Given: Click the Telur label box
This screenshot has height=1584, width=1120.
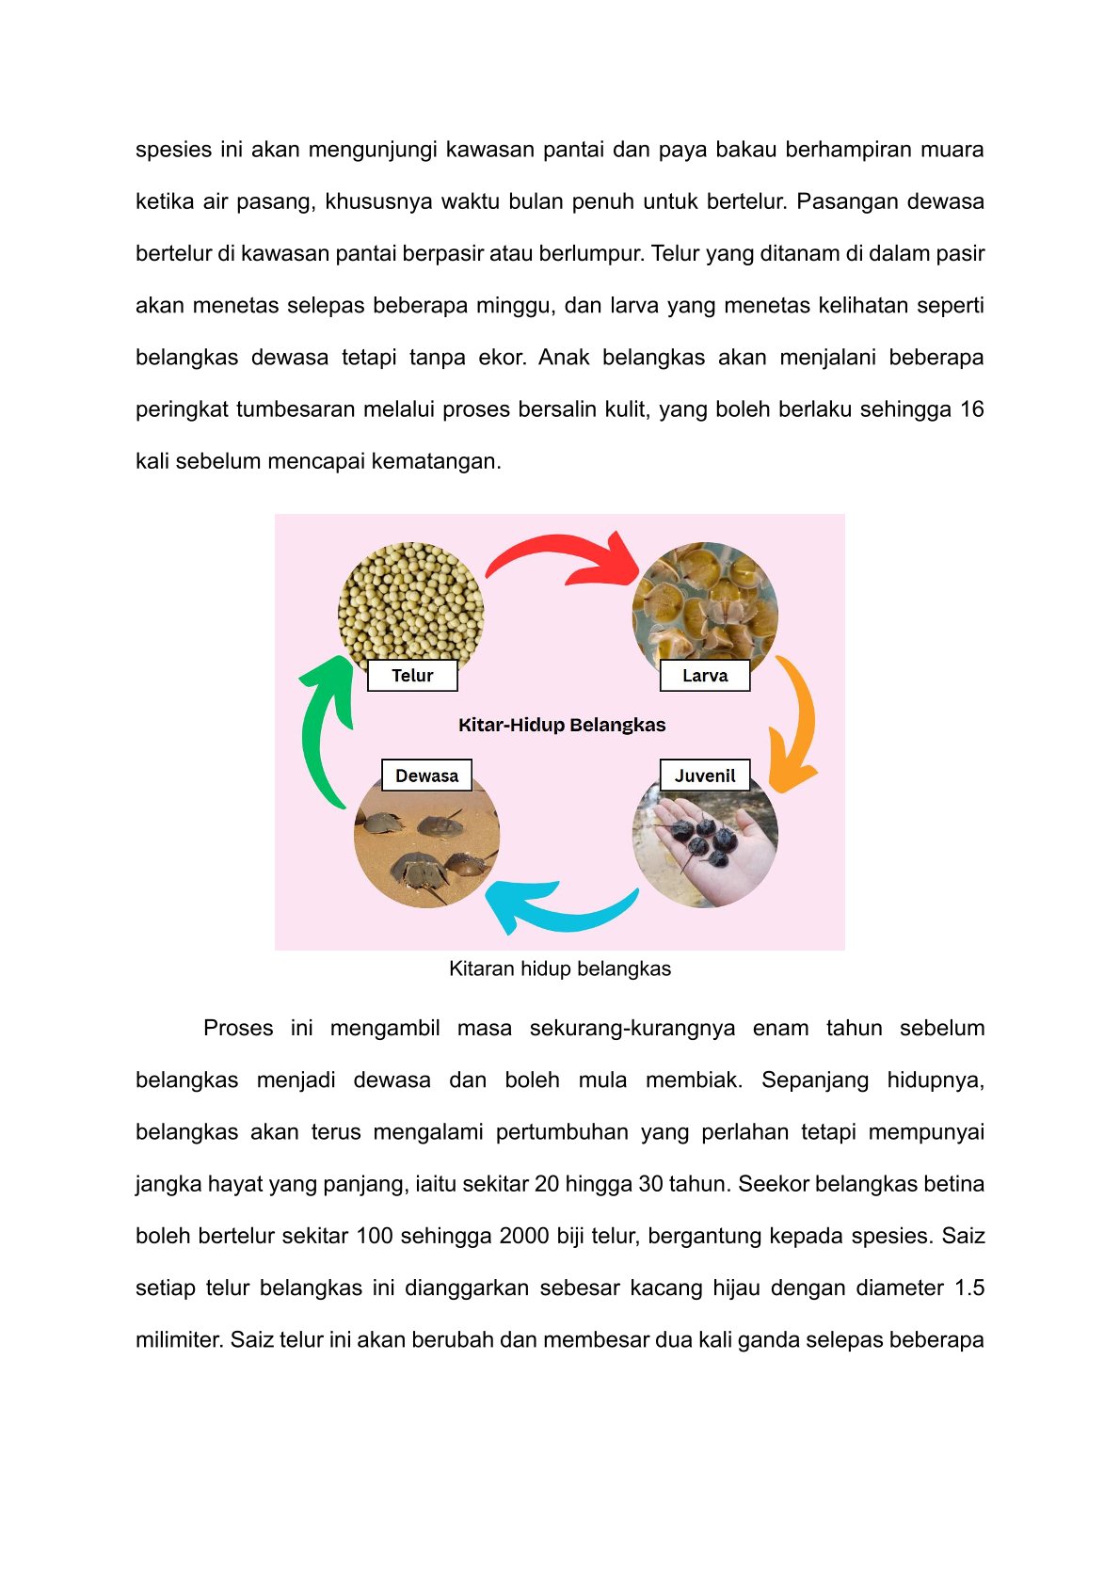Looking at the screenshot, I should (412, 676).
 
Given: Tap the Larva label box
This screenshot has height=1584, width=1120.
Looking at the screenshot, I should (705, 676).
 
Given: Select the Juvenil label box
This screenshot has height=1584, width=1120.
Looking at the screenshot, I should (705, 776).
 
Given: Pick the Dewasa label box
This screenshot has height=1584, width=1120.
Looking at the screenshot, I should (426, 776).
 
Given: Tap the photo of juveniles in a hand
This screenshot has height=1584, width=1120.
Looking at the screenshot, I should (705, 847).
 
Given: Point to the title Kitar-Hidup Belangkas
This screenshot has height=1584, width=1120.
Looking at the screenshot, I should (562, 725).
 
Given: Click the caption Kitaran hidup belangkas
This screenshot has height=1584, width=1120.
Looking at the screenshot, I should (560, 968).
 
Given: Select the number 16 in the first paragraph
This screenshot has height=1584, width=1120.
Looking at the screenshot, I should (971, 409).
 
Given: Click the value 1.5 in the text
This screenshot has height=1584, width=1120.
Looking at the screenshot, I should (969, 1288).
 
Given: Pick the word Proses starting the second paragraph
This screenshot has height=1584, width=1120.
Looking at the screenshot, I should (238, 1028).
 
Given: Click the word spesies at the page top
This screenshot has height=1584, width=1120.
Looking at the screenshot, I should (173, 150).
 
